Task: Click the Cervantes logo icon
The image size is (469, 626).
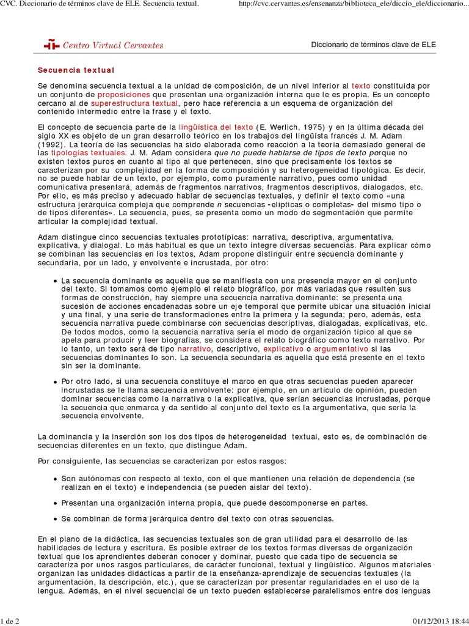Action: click(51, 45)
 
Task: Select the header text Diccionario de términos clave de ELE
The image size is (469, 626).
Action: click(374, 45)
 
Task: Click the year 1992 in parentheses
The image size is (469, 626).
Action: click(53, 144)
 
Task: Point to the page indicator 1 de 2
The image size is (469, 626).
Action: click(10, 621)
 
